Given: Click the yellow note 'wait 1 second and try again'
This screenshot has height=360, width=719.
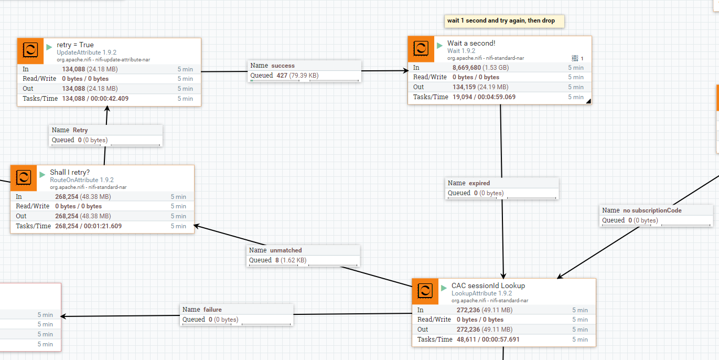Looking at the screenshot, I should pyautogui.click(x=500, y=21).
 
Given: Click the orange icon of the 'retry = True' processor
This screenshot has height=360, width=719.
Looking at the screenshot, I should pyautogui.click(x=30, y=50).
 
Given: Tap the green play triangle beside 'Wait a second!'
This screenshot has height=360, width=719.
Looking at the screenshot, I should pyautogui.click(x=439, y=46).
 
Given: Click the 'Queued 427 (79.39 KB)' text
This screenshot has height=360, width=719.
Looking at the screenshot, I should pyautogui.click(x=284, y=76).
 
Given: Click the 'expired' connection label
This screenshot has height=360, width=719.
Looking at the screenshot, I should pyautogui.click(x=479, y=183).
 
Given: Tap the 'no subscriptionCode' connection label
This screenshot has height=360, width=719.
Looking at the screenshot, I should pyautogui.click(x=652, y=210).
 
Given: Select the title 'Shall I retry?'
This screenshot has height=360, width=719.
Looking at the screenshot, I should pyautogui.click(x=70, y=172).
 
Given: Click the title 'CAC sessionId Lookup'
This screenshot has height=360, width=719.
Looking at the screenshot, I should pyautogui.click(x=488, y=286).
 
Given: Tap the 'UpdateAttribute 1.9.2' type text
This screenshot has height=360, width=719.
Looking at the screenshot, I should pyautogui.click(x=87, y=52).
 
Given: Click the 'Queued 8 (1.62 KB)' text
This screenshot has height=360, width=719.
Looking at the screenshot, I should pyautogui.click(x=278, y=260).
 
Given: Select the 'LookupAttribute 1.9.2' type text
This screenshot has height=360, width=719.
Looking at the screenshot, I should pyautogui.click(x=481, y=293).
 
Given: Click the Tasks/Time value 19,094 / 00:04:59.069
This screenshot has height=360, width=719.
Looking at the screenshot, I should pyautogui.click(x=484, y=97).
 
